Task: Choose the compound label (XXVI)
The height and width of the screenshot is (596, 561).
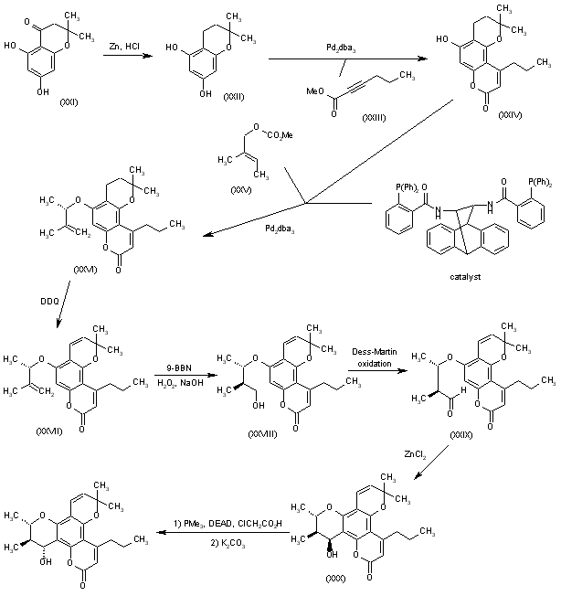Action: [83, 271]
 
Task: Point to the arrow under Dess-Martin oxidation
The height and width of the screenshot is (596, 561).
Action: [374, 370]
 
